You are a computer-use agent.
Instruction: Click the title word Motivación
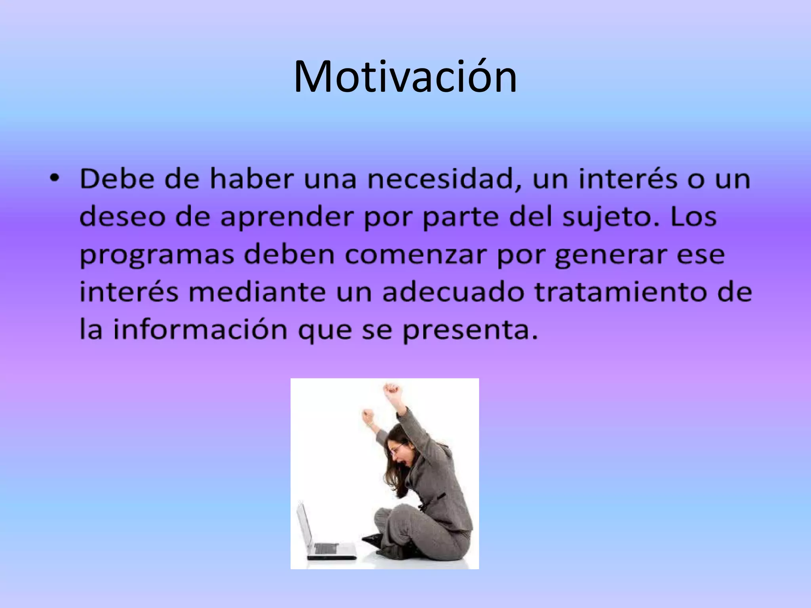pyautogui.click(x=405, y=76)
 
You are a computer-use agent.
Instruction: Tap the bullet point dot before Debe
pyautogui.click(x=54, y=179)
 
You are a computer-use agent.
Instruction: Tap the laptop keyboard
pyautogui.click(x=327, y=548)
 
